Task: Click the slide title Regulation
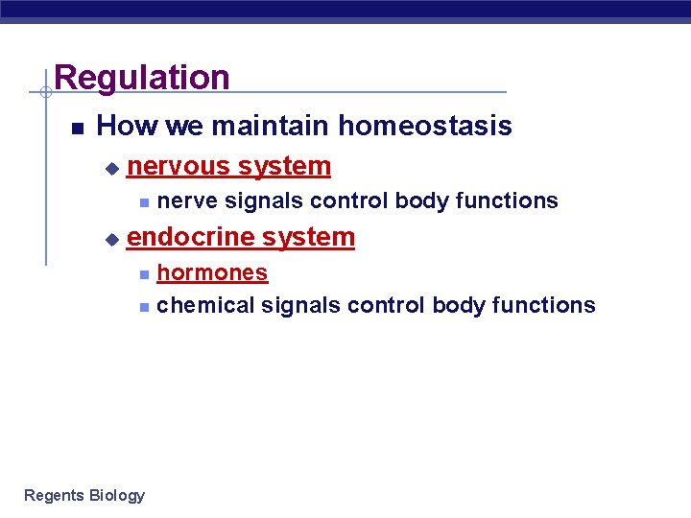coord(142,77)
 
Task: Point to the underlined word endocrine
coord(191,237)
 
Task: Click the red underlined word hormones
coord(212,272)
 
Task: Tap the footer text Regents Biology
coord(84,495)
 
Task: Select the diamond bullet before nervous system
coord(111,168)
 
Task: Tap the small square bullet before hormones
coord(143,274)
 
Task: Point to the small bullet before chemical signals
coord(143,307)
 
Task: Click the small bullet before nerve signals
coord(143,202)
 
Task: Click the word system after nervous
coord(284,166)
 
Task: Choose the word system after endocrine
coord(308,237)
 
